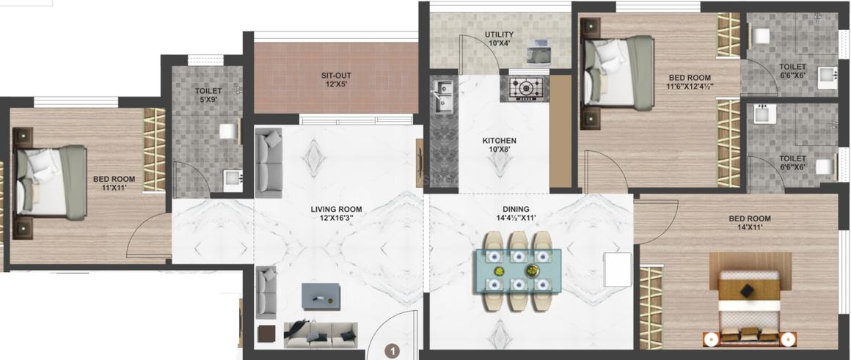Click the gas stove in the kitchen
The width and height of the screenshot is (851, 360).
(x=525, y=88)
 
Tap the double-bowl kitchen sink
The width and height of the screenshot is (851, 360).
(x=442, y=97)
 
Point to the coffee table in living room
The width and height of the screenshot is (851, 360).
(x=321, y=296)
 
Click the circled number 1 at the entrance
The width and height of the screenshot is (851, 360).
(x=393, y=351)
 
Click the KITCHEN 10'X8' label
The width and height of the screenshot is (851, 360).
(x=499, y=145)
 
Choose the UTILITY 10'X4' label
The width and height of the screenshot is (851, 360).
(x=499, y=39)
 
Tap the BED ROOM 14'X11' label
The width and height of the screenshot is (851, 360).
(x=749, y=223)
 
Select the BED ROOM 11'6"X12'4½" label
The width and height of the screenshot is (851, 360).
(x=689, y=81)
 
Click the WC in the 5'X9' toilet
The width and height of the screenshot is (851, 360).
(x=230, y=132)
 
